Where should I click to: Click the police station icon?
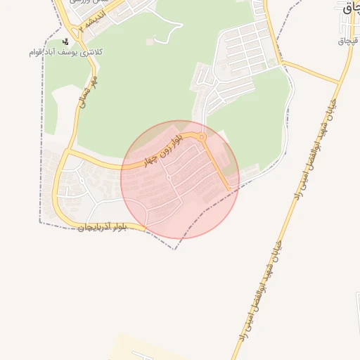point(65,41)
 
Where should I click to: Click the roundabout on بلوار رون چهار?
point(202,137)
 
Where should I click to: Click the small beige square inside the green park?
point(149,42)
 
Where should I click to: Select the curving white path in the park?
point(169,32)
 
